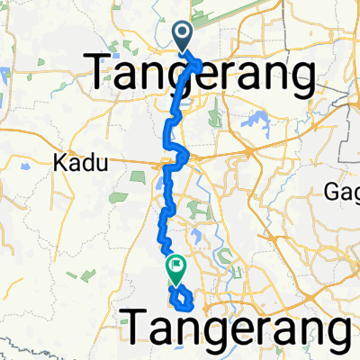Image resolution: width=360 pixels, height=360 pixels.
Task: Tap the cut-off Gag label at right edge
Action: pos(345,190)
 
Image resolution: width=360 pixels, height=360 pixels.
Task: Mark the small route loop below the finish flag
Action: pos(180,295)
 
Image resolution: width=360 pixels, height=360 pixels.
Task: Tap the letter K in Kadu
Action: pos(59,164)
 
